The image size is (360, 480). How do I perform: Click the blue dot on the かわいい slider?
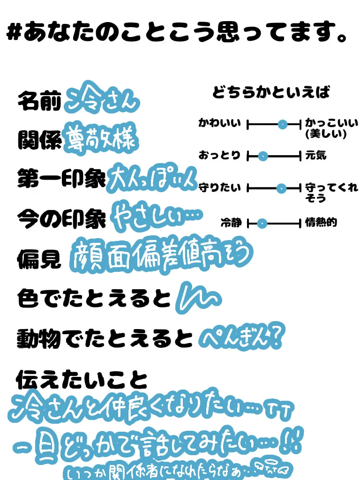pos(282,124)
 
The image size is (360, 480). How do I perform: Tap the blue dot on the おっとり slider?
pos(262,156)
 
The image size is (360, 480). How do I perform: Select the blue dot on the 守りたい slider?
pos(281,188)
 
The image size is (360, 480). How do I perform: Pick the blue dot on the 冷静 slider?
pos(262,224)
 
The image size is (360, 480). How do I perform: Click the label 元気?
pos(315,156)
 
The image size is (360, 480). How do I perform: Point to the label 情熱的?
pos(321,223)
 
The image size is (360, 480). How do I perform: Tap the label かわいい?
pos(219,124)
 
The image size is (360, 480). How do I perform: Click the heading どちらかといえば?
pos(271,92)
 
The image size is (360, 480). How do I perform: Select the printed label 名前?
pos(39,101)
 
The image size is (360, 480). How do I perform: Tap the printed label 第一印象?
pos(61,179)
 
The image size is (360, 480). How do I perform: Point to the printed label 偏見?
pos(39,258)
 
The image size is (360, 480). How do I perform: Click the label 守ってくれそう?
pos(331,193)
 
